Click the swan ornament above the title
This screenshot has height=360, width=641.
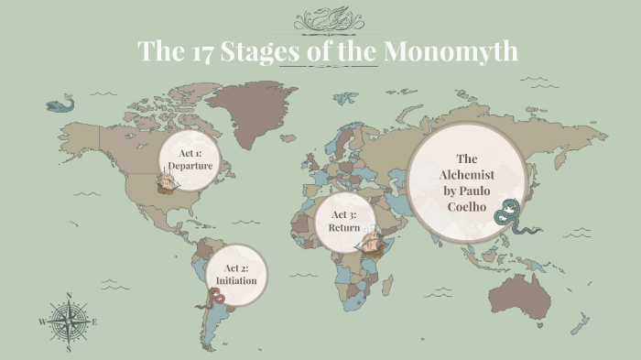[x=326, y=19]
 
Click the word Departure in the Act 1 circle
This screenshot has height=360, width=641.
[x=190, y=166]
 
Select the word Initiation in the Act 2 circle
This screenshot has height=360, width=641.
[x=236, y=280]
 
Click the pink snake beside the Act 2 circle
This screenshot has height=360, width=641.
[x=216, y=298]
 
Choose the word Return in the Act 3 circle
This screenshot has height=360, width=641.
[x=341, y=226]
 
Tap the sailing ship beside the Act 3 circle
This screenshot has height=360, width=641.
[x=369, y=243]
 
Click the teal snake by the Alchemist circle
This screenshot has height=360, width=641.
[x=506, y=214]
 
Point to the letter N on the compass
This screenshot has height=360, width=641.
[x=70, y=296]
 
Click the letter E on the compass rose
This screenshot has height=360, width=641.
[x=94, y=322]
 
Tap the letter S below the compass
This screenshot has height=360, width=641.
[x=70, y=348]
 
